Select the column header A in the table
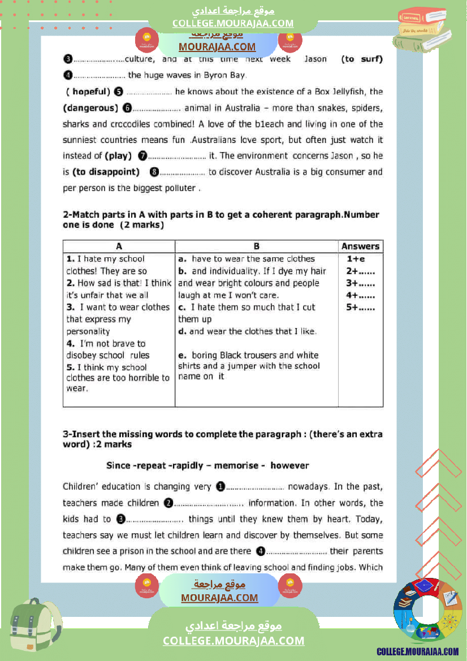click(119, 247)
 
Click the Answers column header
click(360, 247)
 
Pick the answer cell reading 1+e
click(356, 259)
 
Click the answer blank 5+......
click(360, 308)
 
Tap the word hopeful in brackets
click(88, 92)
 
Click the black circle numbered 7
click(142, 155)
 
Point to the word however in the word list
click(289, 465)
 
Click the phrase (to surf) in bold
click(362, 59)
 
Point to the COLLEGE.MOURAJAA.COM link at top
click(233, 23)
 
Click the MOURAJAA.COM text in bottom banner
click(219, 598)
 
